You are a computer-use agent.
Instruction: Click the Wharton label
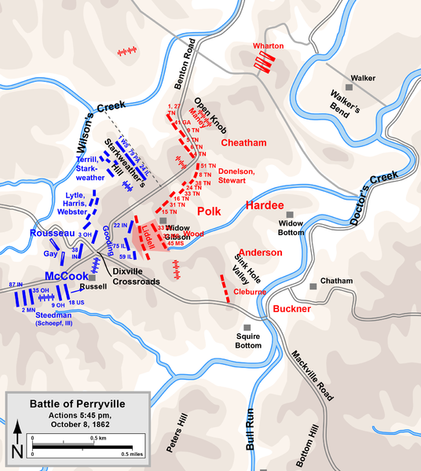pos(269,46)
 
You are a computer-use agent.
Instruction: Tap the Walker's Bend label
pos(345,105)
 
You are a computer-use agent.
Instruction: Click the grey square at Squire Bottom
pos(247,328)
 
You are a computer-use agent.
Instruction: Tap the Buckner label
pos(293,309)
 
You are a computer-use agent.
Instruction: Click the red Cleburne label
pos(250,292)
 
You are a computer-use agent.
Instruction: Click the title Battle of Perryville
pos(77,403)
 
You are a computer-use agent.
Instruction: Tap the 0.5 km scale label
pos(97,436)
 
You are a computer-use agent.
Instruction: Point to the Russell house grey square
pos(92,278)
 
